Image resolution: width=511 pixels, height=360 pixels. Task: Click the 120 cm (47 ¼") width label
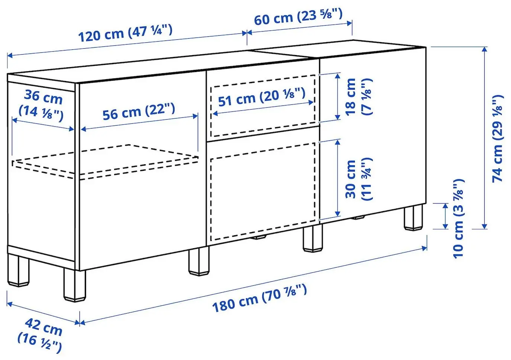tap(125, 33)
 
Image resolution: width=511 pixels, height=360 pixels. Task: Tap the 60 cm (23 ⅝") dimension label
tap(298, 17)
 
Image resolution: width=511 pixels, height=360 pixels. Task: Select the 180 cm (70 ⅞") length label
tap(259, 298)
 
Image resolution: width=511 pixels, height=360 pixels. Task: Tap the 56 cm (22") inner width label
tap(139, 112)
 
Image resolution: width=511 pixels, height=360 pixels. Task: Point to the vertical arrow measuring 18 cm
tap(337, 96)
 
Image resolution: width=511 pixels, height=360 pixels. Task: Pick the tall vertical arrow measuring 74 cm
tap(484, 137)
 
